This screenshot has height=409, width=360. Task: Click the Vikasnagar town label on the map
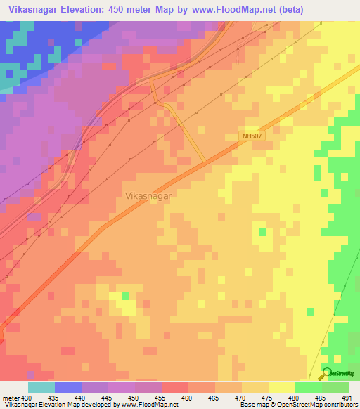(148, 197)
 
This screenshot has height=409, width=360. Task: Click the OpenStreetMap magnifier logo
(326, 374)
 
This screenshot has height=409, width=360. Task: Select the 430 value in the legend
(26, 398)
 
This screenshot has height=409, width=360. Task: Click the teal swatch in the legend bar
(41, 387)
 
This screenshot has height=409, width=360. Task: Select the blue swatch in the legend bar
(67, 387)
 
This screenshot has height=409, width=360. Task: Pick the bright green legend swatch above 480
(308, 387)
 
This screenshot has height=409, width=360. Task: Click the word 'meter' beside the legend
(10, 398)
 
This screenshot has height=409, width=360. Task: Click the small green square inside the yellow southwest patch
(126, 296)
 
